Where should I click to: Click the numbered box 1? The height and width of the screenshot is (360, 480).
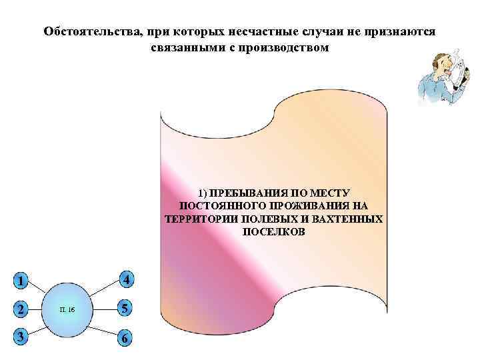[22, 281]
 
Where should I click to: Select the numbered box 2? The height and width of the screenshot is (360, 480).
[22, 309]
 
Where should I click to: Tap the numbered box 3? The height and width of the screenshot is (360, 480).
[22, 337]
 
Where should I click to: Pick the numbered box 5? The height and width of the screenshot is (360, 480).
[125, 309]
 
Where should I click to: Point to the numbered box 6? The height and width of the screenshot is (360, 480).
[125, 339]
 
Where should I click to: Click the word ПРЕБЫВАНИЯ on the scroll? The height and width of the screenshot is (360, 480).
[253, 192]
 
